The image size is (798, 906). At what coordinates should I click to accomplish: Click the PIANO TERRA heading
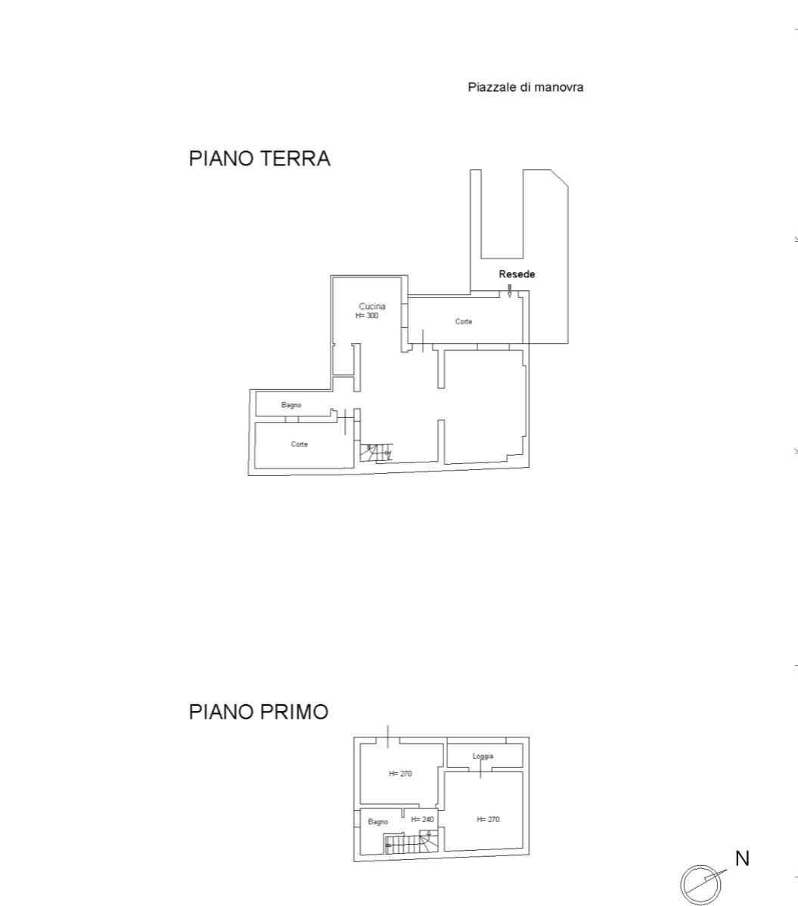(259, 159)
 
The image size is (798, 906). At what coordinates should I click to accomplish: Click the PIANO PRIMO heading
(259, 711)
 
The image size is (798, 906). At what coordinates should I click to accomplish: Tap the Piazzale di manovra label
(525, 87)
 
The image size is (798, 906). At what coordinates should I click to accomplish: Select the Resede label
(517, 274)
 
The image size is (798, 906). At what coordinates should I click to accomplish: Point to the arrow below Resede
(510, 291)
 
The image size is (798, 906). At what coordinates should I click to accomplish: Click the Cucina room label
(372, 306)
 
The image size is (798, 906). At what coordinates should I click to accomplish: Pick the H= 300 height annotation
(367, 316)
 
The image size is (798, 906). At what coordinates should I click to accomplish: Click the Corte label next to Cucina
(463, 321)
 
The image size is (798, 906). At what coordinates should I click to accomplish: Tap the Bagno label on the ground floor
(291, 405)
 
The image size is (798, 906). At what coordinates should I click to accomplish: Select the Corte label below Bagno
(299, 444)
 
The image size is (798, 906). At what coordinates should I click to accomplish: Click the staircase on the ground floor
(376, 453)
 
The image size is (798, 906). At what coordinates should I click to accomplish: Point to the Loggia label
(483, 756)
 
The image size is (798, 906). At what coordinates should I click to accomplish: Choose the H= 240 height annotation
(422, 819)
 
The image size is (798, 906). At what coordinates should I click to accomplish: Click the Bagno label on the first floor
(377, 821)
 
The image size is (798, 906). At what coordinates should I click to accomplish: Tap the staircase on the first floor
(408, 843)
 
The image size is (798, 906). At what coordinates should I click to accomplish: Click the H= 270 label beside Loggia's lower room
(488, 819)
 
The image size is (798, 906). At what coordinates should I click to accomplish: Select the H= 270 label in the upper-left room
(400, 774)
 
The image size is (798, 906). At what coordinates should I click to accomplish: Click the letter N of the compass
(742, 858)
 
